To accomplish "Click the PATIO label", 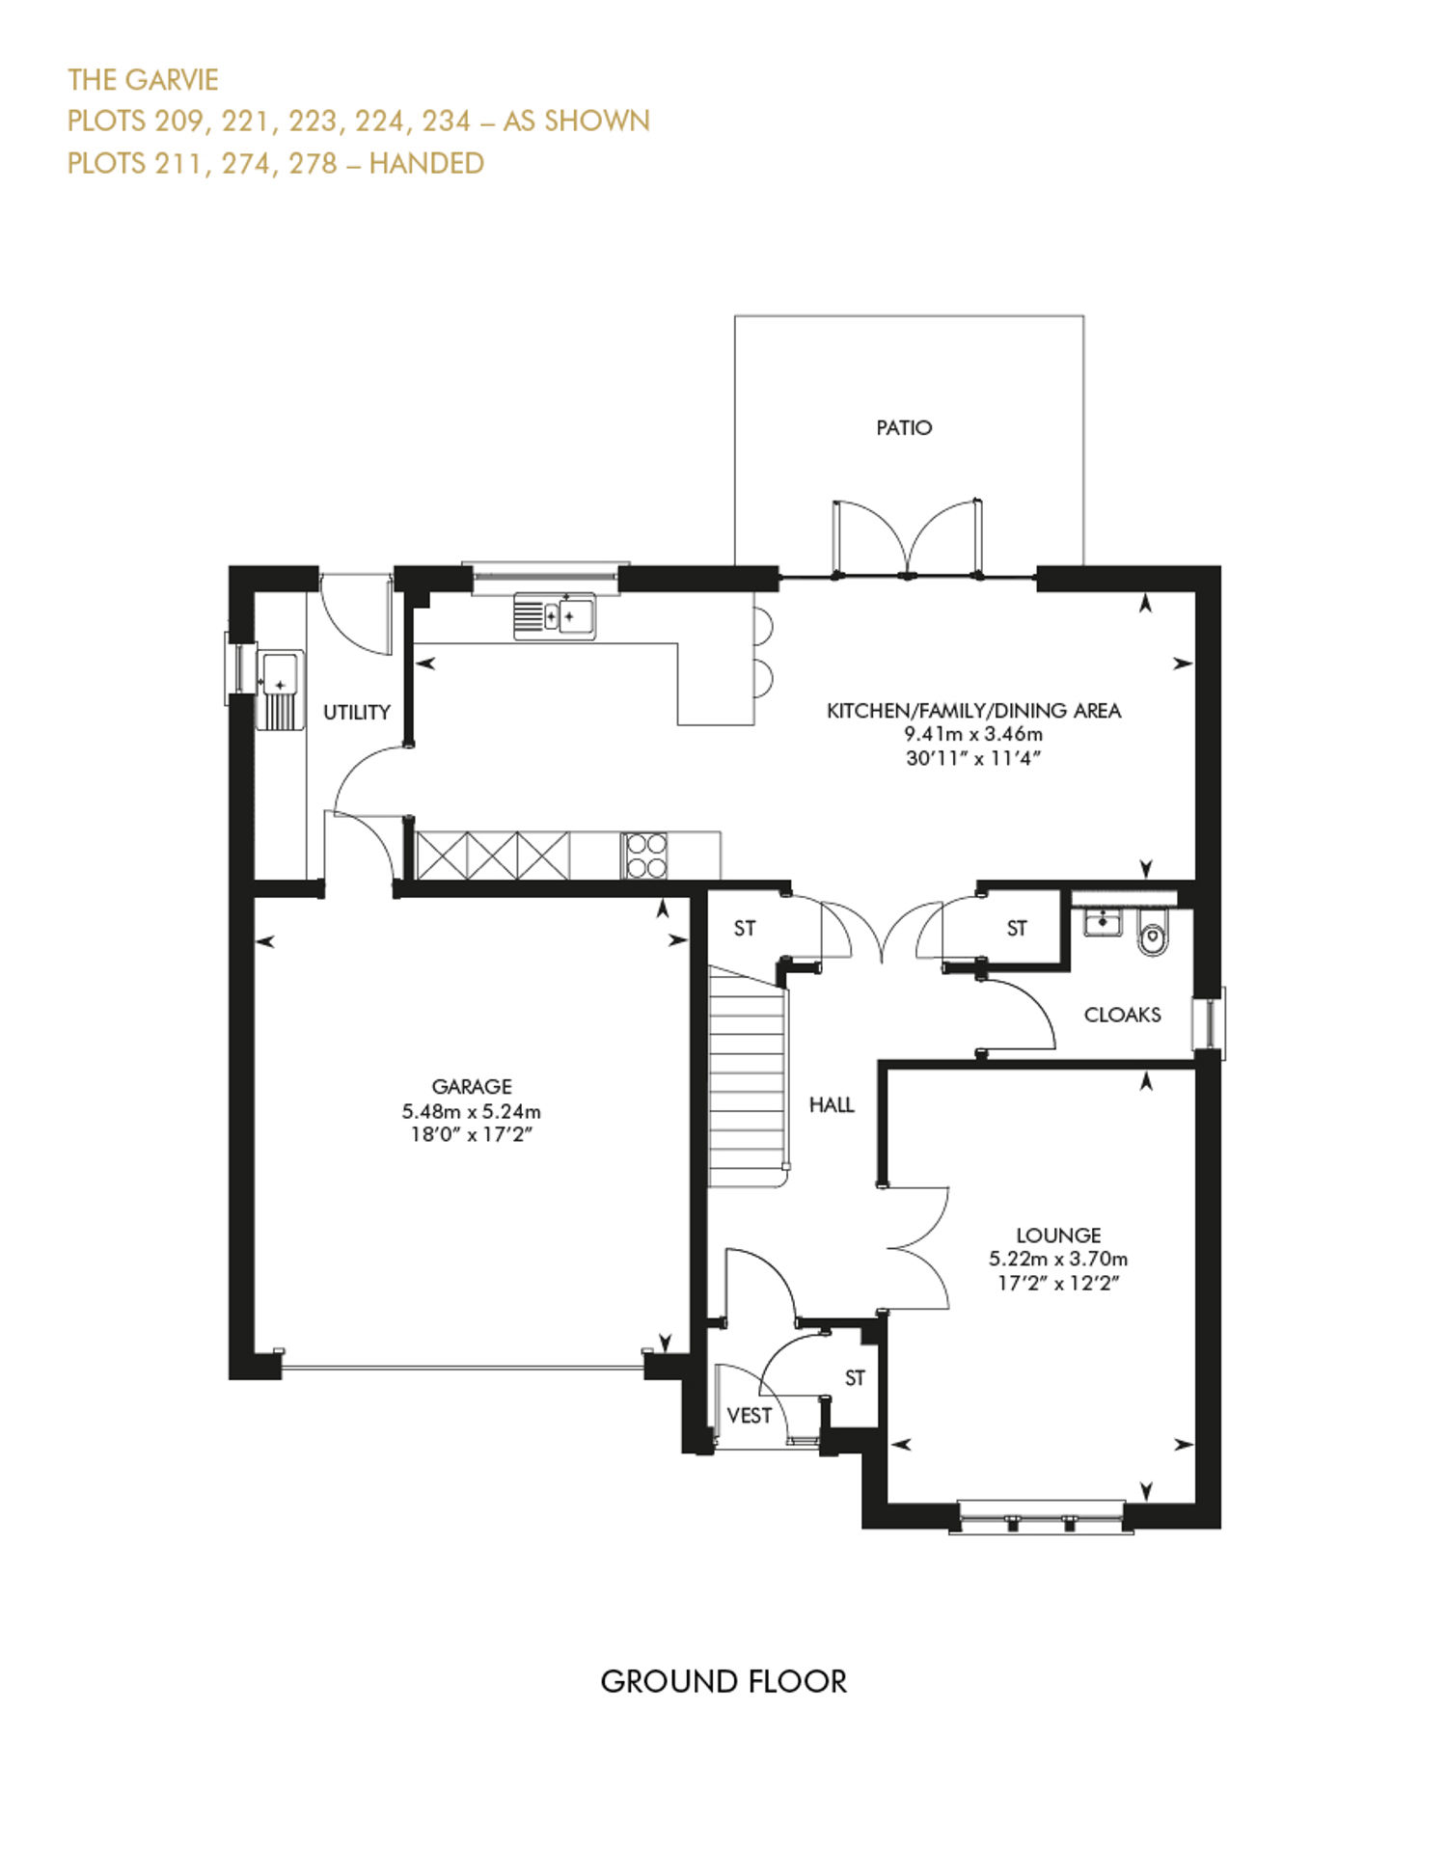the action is (x=904, y=427).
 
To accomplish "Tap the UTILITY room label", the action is (x=357, y=712).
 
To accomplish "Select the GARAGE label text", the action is (x=472, y=1086).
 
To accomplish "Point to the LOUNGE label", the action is (x=1058, y=1235).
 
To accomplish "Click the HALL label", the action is (x=832, y=1104).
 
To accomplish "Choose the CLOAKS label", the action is (x=1122, y=1015).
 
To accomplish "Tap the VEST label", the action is (x=750, y=1415).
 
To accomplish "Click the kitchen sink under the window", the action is (x=555, y=615).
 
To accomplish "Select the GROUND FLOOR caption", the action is (x=723, y=1681).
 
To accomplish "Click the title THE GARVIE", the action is (x=143, y=79).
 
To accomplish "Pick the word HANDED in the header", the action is (x=426, y=163).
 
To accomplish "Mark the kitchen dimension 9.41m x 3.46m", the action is (x=973, y=734).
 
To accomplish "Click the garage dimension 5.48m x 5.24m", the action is (x=472, y=1111).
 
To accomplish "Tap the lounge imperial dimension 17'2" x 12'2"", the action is (x=1058, y=1283).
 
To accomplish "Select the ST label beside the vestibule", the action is (x=855, y=1378).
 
